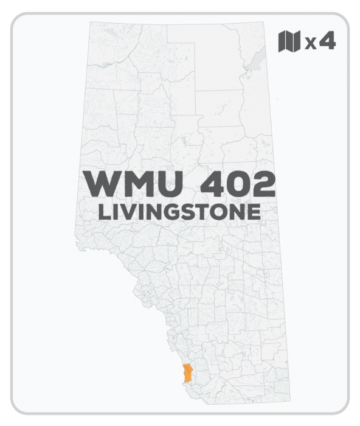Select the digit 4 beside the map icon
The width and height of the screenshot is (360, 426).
coord(329,41)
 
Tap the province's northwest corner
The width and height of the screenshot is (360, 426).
coord(90,23)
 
